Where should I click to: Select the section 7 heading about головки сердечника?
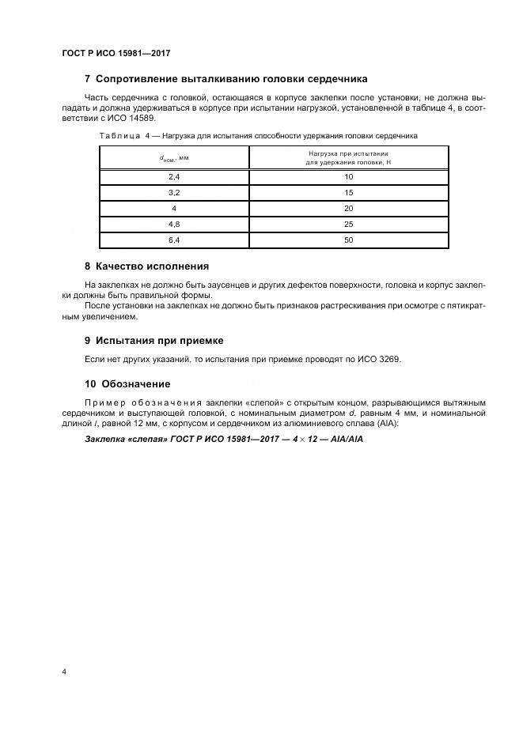225,79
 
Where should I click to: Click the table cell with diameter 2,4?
174,176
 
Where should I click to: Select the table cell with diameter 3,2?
174,192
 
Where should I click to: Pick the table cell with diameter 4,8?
174,224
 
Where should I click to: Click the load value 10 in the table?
348,176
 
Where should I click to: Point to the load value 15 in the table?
348,192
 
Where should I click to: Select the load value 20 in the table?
348,208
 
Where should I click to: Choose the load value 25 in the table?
348,224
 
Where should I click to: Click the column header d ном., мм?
174,157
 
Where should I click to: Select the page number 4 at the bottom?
64,671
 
